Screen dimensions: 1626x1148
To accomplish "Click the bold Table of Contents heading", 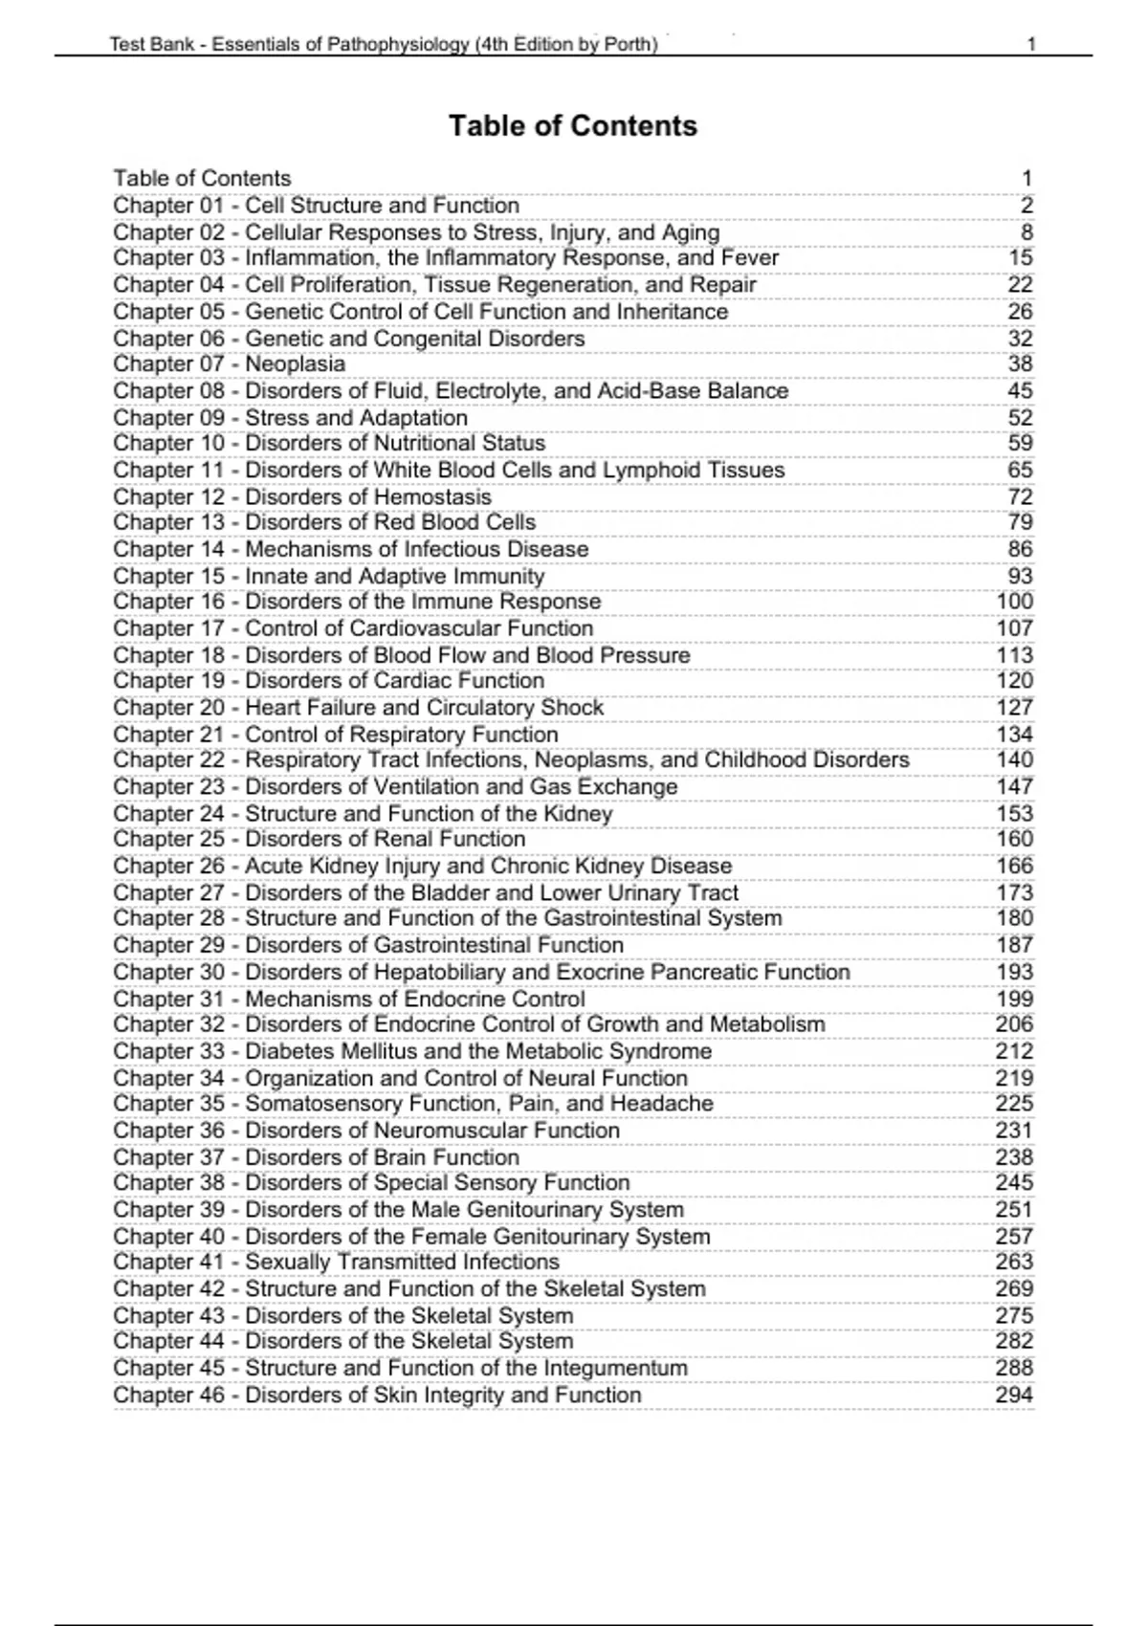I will [x=573, y=126].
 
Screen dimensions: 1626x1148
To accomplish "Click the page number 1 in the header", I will [x=1031, y=44].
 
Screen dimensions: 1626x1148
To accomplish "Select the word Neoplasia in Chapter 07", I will [x=295, y=364].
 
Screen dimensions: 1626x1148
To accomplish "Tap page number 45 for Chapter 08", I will [x=1020, y=391].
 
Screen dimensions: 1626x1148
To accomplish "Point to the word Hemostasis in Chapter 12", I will [x=431, y=497].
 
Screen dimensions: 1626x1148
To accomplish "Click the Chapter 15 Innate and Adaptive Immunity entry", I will [x=328, y=577].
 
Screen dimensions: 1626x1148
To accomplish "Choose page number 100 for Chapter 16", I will [x=1014, y=602].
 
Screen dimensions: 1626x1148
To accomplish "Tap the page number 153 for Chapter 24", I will [x=1014, y=814].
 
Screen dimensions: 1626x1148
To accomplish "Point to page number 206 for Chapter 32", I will [x=1014, y=1024].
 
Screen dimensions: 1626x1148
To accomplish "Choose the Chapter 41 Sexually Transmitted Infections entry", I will [x=336, y=1263].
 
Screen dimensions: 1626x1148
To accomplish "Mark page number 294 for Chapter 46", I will [x=1014, y=1395].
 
